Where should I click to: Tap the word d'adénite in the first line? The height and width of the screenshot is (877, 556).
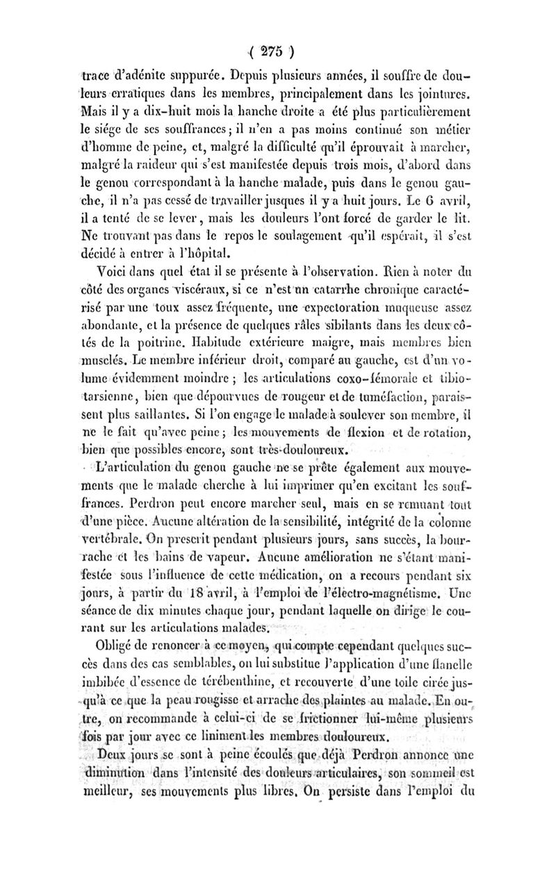click(141, 72)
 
